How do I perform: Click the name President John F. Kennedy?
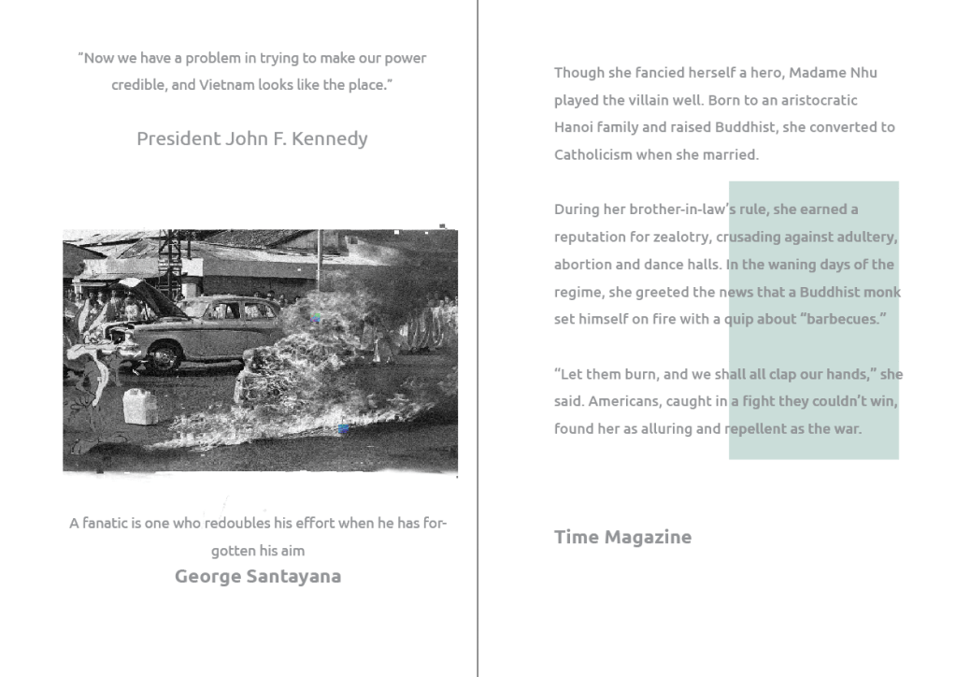(x=252, y=138)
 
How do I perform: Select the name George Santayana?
(x=258, y=576)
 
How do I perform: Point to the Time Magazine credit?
(x=622, y=537)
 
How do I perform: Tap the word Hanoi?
(x=574, y=127)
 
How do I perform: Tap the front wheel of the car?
(x=165, y=355)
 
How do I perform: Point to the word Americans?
(x=621, y=401)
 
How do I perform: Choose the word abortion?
(x=582, y=265)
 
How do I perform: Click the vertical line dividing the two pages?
(x=478, y=338)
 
